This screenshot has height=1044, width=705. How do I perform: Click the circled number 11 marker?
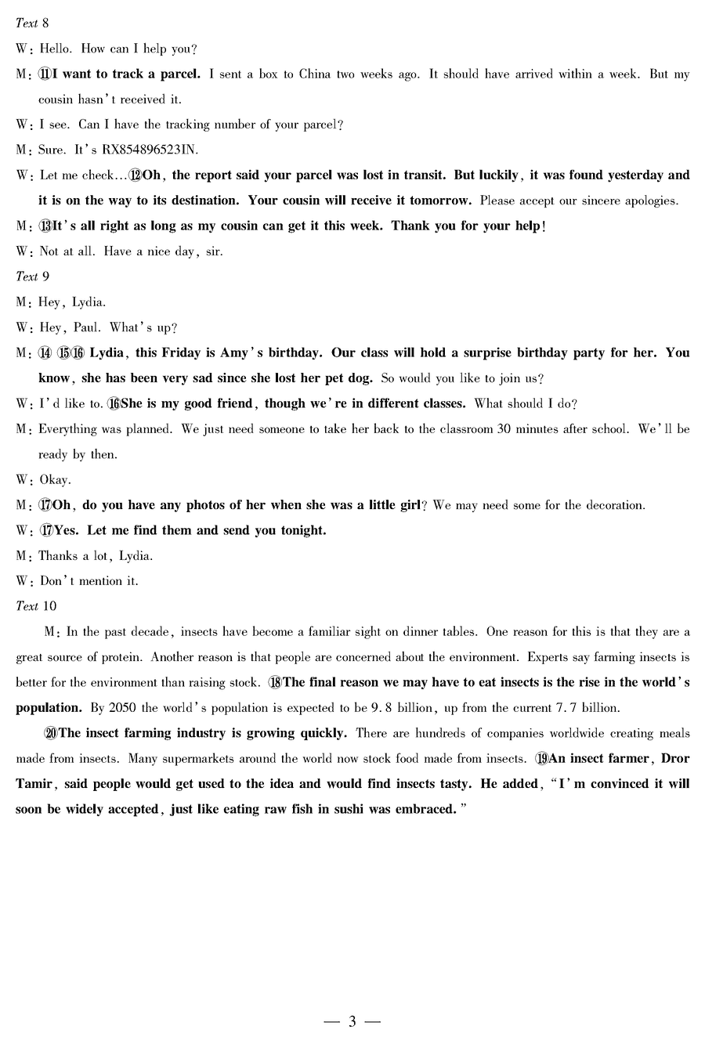click(45, 74)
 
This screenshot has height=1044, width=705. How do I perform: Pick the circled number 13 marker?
click(45, 226)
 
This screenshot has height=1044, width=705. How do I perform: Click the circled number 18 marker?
click(275, 682)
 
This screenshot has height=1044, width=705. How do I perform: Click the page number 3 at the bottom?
click(352, 1021)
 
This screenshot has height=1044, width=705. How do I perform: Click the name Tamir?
click(35, 784)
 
